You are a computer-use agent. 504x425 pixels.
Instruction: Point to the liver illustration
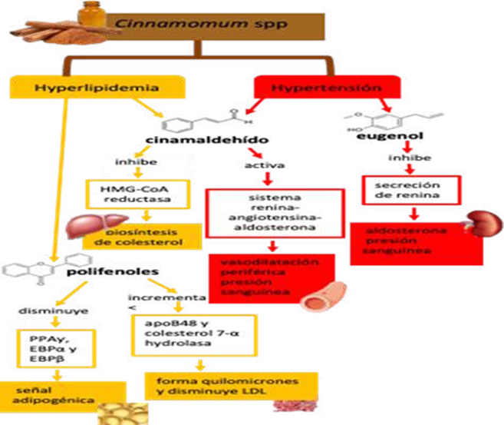[x=84, y=225]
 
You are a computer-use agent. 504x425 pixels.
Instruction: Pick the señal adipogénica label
[x=46, y=395]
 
